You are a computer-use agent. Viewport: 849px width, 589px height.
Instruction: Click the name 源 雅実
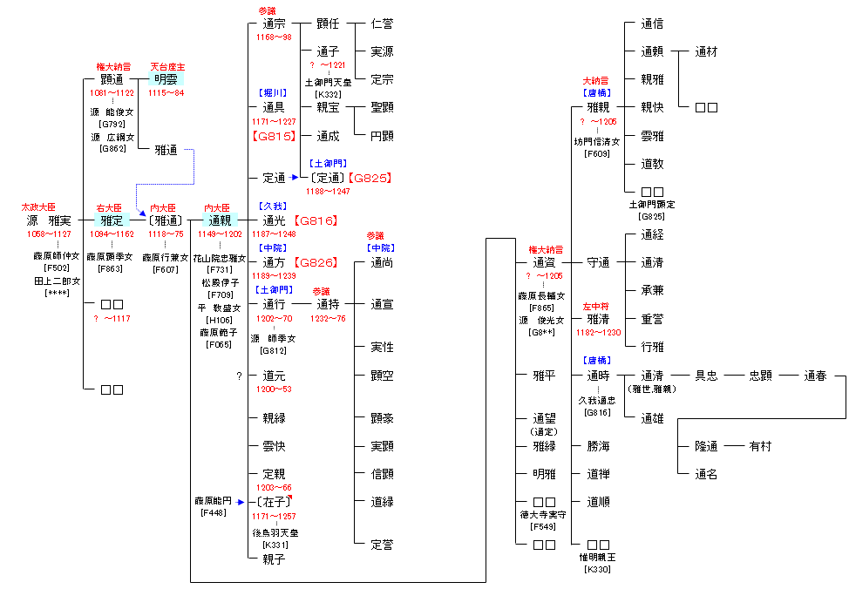(49, 221)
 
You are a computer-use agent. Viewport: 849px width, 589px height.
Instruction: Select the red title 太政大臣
(38, 208)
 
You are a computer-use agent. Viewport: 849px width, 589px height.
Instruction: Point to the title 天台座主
(166, 66)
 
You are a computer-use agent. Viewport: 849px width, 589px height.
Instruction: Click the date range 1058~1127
(51, 234)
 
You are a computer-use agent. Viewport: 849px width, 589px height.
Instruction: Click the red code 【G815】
(274, 136)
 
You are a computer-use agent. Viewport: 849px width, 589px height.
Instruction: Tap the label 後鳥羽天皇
(275, 532)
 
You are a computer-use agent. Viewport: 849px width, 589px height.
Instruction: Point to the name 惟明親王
(598, 557)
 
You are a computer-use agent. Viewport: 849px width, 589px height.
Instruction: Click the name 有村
(760, 446)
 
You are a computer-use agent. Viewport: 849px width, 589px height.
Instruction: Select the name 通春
(815, 376)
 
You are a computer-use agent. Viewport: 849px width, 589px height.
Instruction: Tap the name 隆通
(706, 446)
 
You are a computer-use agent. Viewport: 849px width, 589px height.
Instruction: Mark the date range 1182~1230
(598, 332)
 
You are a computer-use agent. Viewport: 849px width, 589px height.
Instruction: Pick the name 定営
(382, 545)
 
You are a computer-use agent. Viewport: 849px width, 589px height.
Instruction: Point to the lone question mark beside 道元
(238, 376)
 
